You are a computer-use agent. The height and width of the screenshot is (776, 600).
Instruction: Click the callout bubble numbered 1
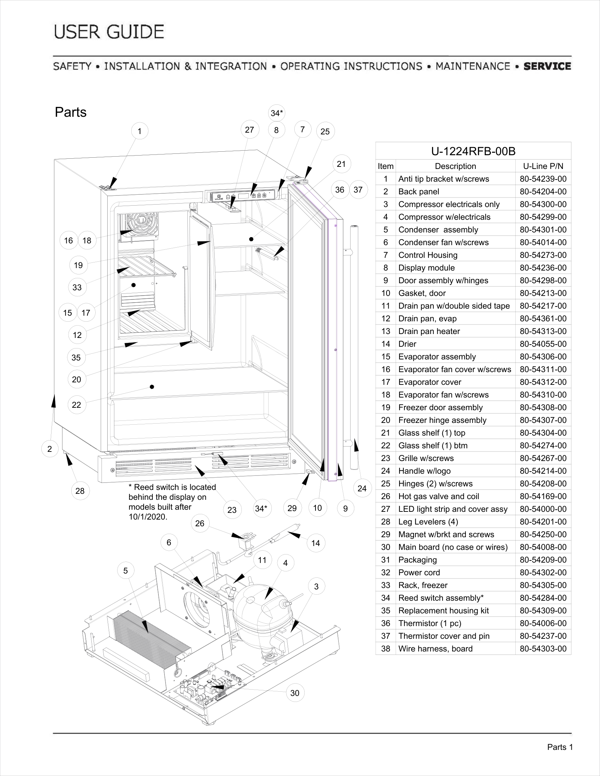140,131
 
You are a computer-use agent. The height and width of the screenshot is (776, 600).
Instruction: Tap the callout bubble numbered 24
362,488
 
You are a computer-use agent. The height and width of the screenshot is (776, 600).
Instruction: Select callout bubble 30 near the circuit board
295,693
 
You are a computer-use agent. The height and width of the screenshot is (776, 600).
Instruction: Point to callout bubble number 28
80,491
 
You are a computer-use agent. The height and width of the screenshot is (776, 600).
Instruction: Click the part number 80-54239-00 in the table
543,179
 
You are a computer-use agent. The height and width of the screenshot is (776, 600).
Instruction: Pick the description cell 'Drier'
407,344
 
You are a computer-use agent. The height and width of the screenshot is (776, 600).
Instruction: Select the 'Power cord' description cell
419,572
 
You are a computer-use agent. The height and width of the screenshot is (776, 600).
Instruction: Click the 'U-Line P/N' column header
543,166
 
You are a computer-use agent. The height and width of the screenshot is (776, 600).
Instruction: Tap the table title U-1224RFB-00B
473,151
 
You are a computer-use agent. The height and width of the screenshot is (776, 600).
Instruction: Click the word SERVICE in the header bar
547,66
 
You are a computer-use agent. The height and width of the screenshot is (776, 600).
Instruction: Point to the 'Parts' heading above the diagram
71,112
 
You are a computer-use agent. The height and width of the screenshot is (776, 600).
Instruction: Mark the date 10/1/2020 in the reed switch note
148,517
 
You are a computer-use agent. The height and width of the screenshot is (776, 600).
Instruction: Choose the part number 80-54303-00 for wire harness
543,648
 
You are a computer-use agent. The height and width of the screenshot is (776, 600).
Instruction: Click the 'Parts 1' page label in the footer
560,747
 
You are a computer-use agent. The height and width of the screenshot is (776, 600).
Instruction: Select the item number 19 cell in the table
386,407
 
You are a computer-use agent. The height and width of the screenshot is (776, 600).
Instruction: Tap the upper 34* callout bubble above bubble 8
277,113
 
